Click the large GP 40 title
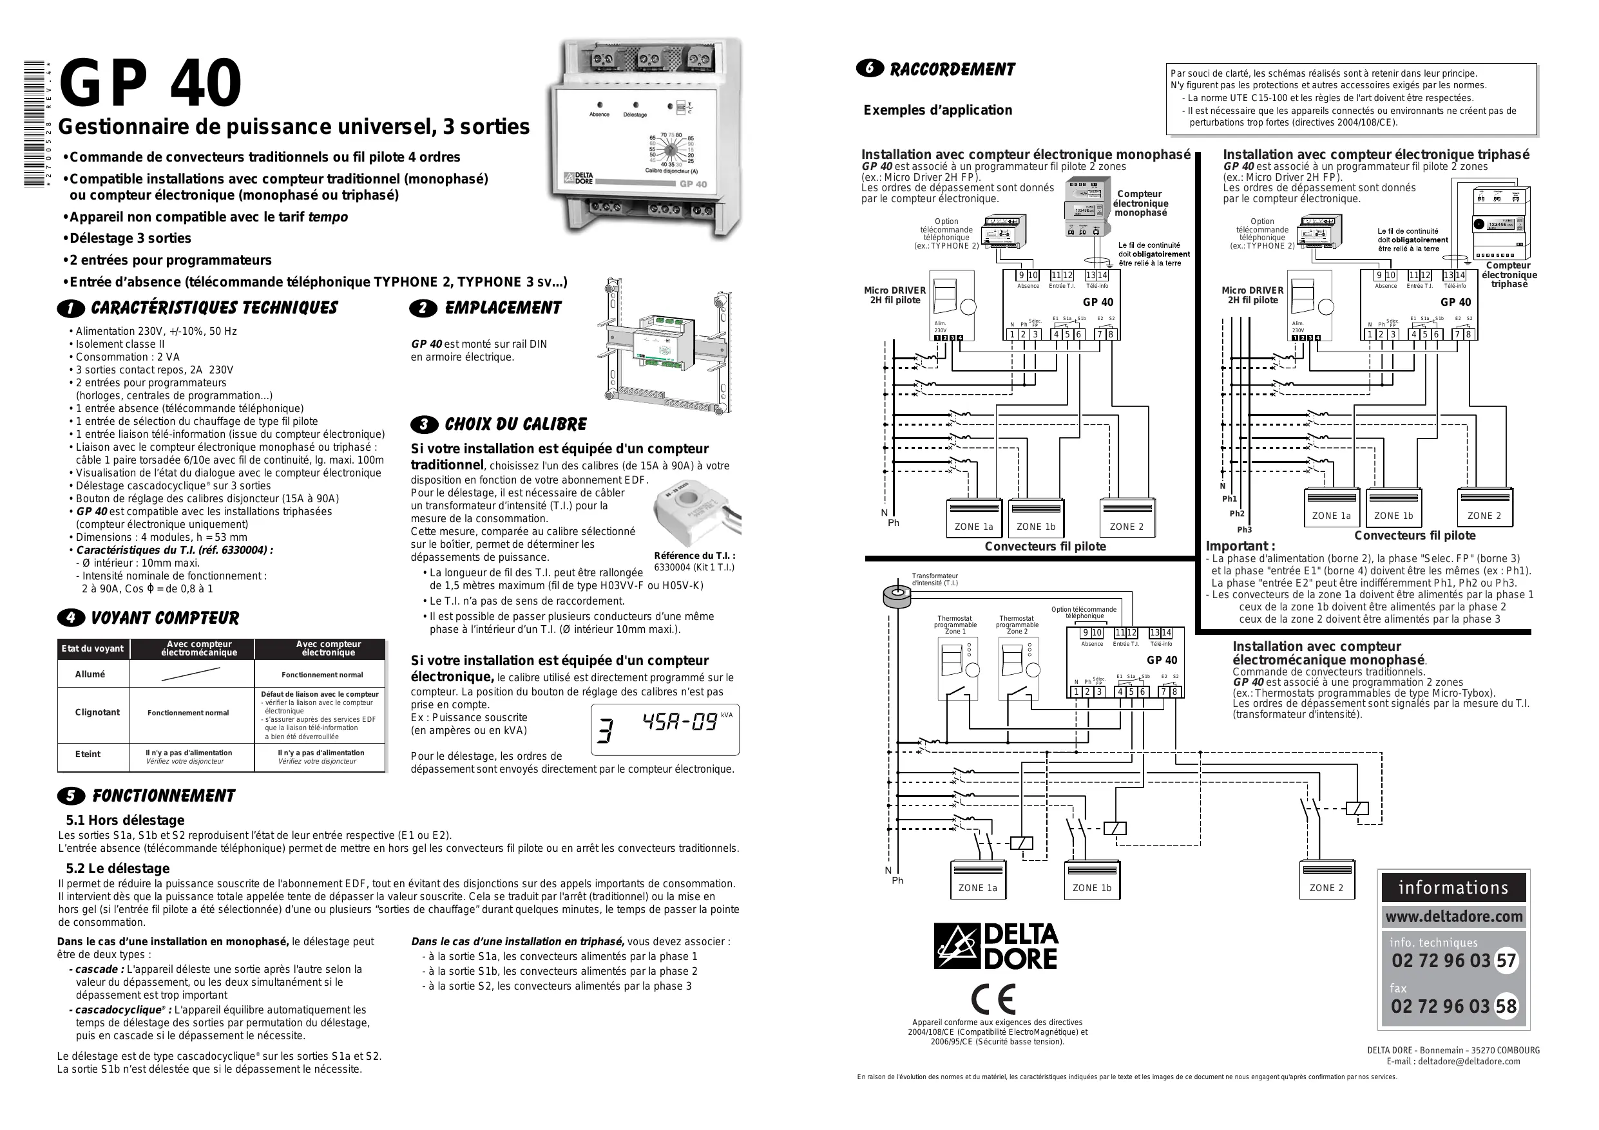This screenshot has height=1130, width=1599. click(150, 84)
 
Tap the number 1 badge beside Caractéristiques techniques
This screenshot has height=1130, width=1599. click(70, 308)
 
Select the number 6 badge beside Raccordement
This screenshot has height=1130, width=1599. click(869, 69)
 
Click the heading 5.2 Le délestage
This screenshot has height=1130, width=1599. click(118, 868)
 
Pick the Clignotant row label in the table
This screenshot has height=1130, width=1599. click(97, 712)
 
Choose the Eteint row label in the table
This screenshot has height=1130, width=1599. click(88, 754)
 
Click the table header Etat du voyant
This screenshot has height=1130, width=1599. click(92, 649)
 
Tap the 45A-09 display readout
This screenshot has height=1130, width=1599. click(679, 722)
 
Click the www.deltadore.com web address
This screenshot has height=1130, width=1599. click(1453, 917)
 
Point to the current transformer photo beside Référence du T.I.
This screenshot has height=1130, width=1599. click(696, 515)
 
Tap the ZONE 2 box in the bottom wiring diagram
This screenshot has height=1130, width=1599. click(1326, 881)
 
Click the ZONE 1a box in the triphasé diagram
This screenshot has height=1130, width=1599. click(1331, 508)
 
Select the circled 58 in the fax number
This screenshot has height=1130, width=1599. click(1506, 1007)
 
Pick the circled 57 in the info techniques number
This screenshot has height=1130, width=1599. click(1506, 961)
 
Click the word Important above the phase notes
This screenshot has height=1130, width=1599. click(1240, 547)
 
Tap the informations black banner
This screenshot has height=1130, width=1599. click(1453, 888)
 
